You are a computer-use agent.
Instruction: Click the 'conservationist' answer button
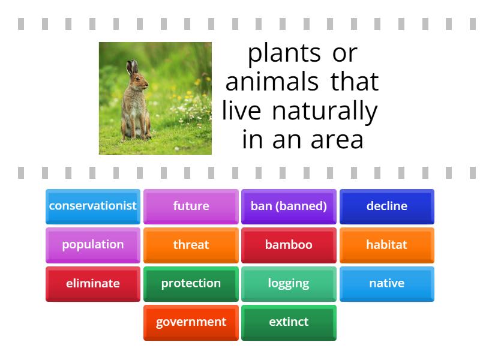[93, 206]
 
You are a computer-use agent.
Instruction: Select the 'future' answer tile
[191, 206]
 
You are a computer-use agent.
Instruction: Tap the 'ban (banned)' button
[289, 206]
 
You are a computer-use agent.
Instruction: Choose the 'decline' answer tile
[387, 206]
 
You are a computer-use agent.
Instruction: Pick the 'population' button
[93, 245]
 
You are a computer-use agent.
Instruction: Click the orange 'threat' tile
[191, 245]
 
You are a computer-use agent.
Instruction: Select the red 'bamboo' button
[289, 245]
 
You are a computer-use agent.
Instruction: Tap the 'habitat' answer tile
[387, 245]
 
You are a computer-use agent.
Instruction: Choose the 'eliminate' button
[93, 283]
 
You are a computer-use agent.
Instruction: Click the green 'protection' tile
[191, 283]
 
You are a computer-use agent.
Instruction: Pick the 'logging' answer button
[289, 283]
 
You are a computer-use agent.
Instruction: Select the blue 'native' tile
[387, 283]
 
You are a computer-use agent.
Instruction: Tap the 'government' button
[191, 322]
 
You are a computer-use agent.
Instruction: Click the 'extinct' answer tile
[289, 322]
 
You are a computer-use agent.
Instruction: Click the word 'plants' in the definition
[284, 54]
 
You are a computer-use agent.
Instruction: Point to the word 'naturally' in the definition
[325, 112]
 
